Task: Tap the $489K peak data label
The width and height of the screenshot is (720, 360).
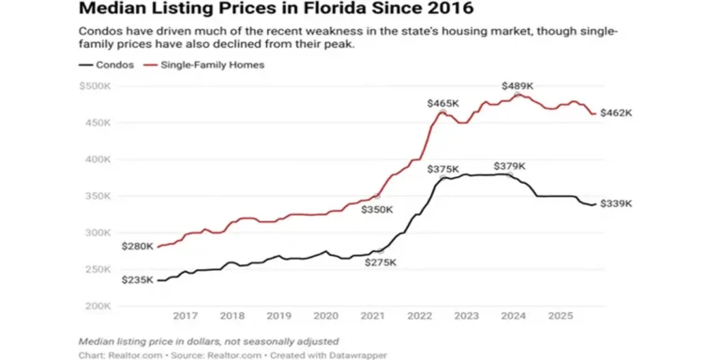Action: coord(517,85)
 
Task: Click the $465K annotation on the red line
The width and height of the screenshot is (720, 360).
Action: coord(442,102)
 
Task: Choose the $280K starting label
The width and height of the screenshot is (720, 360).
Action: coord(137,246)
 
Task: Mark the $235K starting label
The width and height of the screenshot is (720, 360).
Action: coord(137,279)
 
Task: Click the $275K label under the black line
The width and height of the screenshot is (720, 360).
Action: coord(381,263)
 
